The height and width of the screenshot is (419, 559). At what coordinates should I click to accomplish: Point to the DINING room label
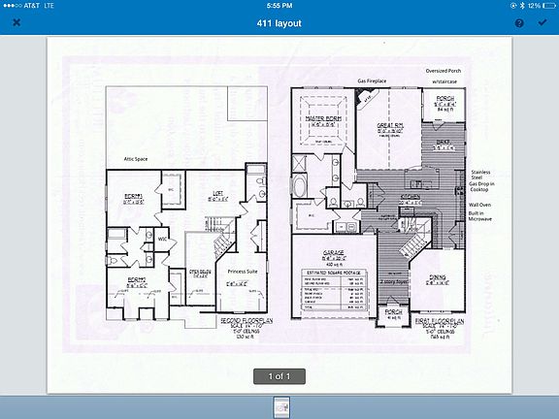point(439,276)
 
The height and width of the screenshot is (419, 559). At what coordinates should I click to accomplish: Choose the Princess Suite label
point(244,272)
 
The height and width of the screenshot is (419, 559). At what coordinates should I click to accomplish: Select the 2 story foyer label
point(392,280)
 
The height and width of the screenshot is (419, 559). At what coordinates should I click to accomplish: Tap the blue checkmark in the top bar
point(542,22)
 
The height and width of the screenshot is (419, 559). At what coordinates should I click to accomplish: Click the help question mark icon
point(518,22)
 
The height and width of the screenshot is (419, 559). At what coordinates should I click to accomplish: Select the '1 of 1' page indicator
point(279,375)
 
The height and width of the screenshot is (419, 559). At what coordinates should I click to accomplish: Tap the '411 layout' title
point(279,22)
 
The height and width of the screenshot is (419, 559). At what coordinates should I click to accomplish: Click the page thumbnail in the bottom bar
point(279,405)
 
